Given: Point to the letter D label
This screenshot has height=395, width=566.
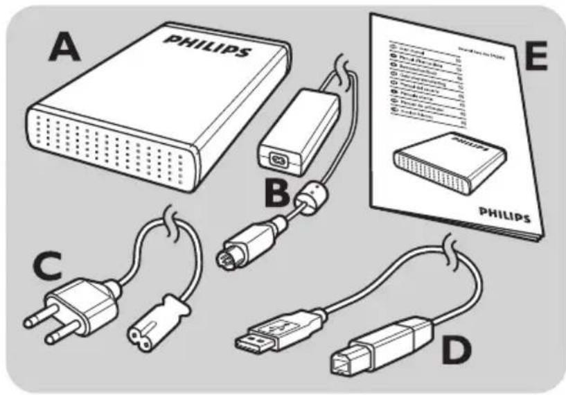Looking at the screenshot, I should tap(456, 349).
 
